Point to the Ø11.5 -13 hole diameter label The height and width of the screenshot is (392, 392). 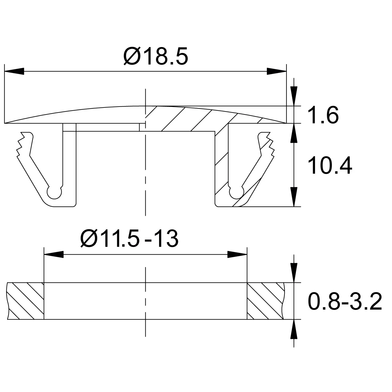click(x=129, y=239)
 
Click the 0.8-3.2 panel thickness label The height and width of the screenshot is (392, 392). click(x=345, y=301)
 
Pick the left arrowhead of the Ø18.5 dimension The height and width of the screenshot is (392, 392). click(x=14, y=71)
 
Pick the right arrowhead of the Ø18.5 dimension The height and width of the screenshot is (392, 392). click(x=277, y=71)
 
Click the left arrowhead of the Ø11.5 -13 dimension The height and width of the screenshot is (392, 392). click(x=54, y=255)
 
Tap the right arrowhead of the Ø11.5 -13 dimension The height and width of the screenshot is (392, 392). click(x=237, y=255)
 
